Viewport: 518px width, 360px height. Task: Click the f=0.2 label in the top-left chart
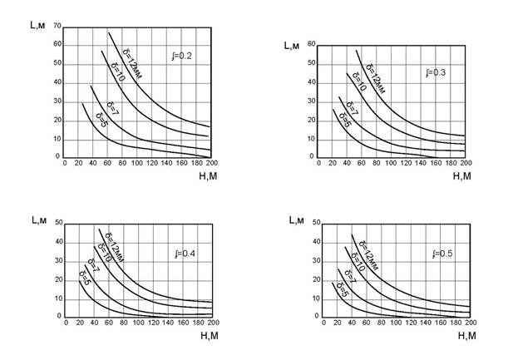coord(181,57)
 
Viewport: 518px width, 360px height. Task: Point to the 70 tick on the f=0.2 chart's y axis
coord(57,26)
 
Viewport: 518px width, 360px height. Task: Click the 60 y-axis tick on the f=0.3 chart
coord(312,43)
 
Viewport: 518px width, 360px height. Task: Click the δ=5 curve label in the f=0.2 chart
coord(100,116)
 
